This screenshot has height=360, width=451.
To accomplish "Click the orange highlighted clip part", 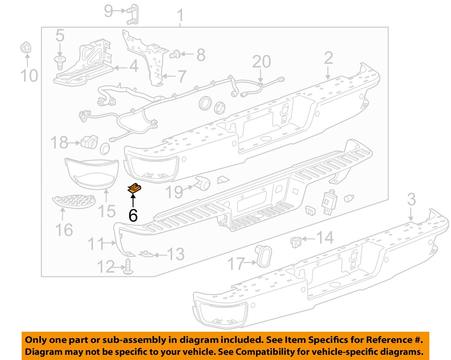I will [x=134, y=189].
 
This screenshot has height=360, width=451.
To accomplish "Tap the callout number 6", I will [x=133, y=215].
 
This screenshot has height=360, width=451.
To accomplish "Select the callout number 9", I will [x=108, y=11].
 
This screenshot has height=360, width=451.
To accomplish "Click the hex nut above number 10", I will [x=26, y=48].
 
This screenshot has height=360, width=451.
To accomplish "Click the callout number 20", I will [x=261, y=62].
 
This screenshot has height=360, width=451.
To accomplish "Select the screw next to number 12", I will [x=129, y=267].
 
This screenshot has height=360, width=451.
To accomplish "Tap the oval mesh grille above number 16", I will [x=73, y=201].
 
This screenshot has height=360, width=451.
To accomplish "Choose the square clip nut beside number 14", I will [x=296, y=242].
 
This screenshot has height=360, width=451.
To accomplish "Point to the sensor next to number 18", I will [x=89, y=142].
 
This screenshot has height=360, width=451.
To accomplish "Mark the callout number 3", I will [x=411, y=200].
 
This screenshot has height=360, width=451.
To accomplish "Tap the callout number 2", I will [x=328, y=58].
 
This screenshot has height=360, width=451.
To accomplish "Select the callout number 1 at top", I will [x=180, y=15].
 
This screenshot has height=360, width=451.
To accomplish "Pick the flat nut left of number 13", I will [x=146, y=254].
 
